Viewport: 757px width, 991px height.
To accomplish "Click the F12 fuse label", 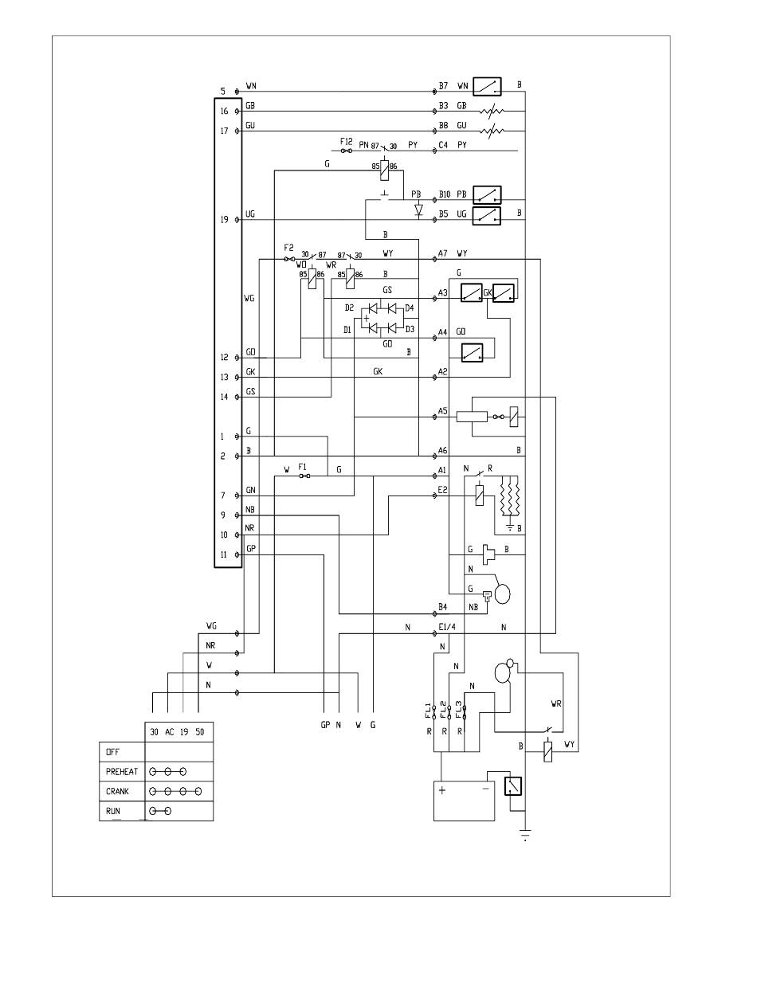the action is tap(346, 141).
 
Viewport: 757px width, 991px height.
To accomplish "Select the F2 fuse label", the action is tap(289, 248).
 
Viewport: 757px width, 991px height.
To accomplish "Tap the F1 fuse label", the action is tap(303, 467).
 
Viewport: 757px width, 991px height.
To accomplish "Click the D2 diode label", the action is tap(349, 308).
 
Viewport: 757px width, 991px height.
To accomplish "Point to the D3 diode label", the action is tap(410, 329).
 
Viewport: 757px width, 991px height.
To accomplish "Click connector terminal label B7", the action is tap(443, 85).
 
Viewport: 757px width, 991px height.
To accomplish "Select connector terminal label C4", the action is tap(443, 145).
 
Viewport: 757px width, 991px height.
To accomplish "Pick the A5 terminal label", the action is tap(443, 411).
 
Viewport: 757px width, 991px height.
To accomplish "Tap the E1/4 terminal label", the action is tap(447, 627).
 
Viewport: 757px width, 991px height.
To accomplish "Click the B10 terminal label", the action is tap(445, 194).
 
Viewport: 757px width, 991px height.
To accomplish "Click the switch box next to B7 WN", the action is tap(487, 86).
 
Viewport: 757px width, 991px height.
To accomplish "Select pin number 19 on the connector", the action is tap(225, 220).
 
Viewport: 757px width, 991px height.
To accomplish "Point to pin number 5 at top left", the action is tap(222, 92).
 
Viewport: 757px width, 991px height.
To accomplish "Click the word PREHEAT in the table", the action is tap(122, 772).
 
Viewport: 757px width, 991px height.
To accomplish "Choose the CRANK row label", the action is tap(117, 791).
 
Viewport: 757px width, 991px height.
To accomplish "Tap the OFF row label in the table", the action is tap(113, 752).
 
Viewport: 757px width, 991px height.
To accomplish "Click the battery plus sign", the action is tap(442, 790).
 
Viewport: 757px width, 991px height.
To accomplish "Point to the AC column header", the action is tap(169, 732).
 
